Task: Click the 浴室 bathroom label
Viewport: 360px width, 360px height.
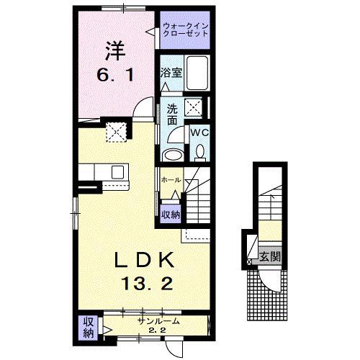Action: [171, 73]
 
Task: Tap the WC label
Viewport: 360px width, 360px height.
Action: [199, 133]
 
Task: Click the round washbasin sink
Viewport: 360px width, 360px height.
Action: [173, 156]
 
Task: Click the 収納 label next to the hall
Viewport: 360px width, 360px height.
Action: [170, 213]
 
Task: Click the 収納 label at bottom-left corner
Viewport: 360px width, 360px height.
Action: [88, 327]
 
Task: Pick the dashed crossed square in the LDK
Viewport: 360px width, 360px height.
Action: [116, 132]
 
